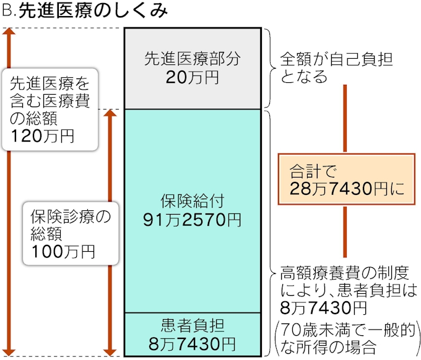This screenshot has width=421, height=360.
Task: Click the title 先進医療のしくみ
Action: [x=93, y=12]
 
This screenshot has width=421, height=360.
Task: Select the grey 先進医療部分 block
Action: [x=192, y=68]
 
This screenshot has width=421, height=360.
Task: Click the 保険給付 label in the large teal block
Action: [x=192, y=201]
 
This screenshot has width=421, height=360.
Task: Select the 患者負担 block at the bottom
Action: [x=192, y=334]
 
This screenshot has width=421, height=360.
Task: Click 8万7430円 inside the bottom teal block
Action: [x=192, y=342]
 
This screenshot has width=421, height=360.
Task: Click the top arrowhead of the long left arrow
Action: [x=9, y=32]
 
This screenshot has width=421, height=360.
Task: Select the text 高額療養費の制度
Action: [x=337, y=272]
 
